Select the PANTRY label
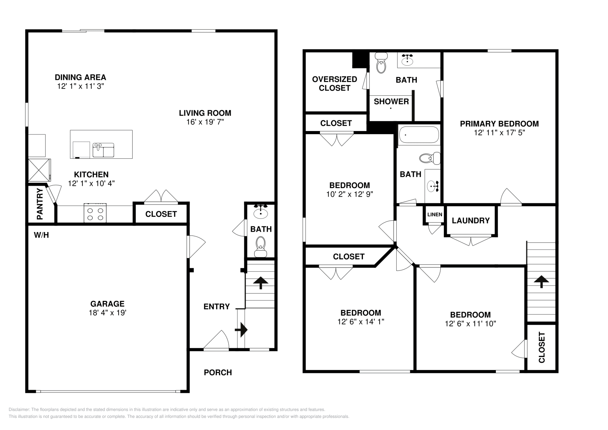click(x=40, y=204)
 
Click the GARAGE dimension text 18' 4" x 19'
click(x=107, y=313)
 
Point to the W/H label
click(x=41, y=235)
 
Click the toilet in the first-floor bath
click(x=261, y=247)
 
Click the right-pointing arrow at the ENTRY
click(x=241, y=329)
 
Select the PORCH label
click(x=218, y=372)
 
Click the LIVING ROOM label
click(x=205, y=113)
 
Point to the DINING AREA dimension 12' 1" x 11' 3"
click(x=81, y=86)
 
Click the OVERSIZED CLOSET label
click(x=334, y=84)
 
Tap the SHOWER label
click(x=391, y=101)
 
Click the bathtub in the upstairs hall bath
click(x=418, y=135)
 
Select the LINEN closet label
click(x=435, y=215)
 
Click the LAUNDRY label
click(x=470, y=221)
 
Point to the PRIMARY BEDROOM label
click(x=499, y=123)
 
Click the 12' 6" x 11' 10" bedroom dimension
click(x=470, y=324)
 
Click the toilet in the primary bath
click(x=380, y=63)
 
